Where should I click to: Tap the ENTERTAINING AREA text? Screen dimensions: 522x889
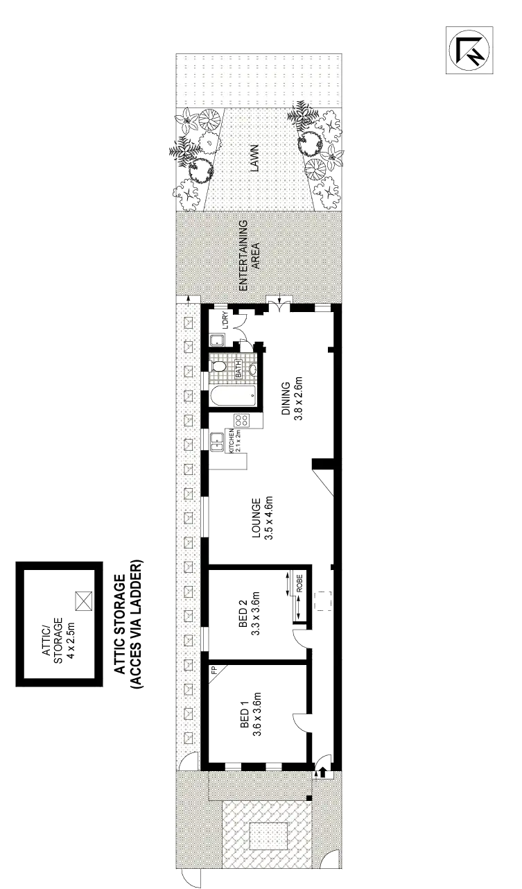tap(249, 254)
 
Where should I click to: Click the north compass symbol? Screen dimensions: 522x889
tap(469, 49)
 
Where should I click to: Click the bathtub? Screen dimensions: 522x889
tap(232, 397)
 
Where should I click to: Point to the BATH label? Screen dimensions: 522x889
tap(238, 368)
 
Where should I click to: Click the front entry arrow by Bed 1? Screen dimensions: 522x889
tap(321, 770)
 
